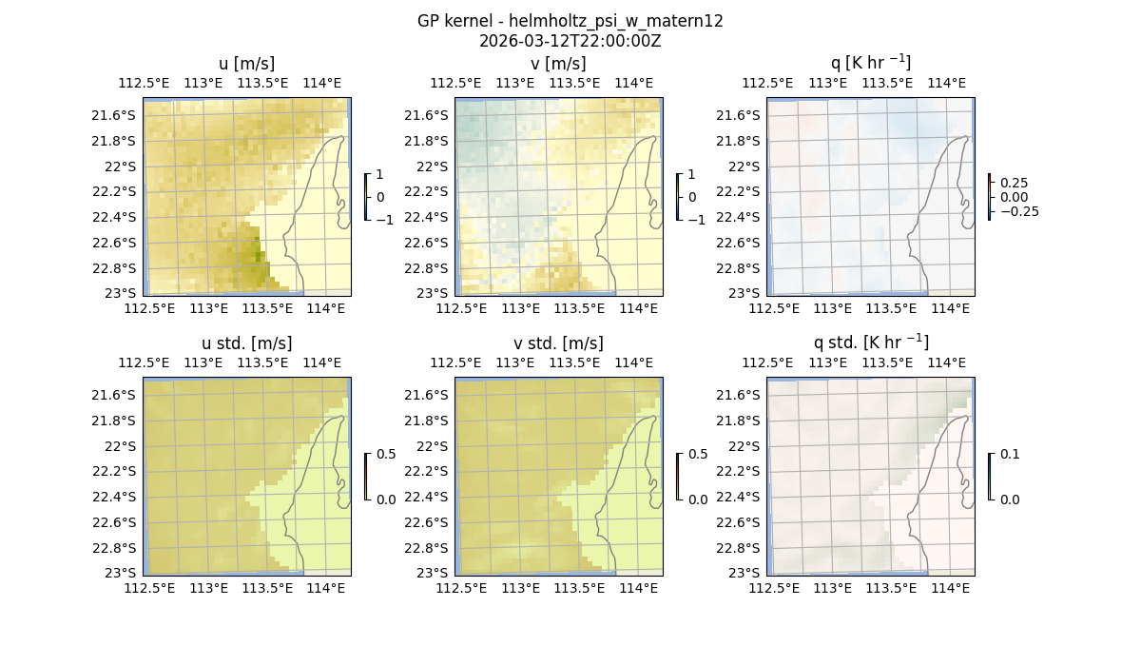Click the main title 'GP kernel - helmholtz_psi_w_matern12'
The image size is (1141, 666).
pos(570,21)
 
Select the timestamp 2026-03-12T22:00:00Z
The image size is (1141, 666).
pos(570,41)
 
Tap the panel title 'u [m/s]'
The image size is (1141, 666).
pos(246,64)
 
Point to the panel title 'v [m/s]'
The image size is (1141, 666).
pos(558,64)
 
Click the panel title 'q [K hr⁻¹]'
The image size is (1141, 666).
pos(870,63)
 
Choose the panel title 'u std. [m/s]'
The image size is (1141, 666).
pos(246,343)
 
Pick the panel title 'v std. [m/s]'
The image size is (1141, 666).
pos(558,343)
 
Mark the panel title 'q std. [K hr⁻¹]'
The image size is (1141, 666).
pos(870,343)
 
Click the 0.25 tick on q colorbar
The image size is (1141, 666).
pos(1014,183)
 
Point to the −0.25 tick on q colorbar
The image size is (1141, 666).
pos(1018,211)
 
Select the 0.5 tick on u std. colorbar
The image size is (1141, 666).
pos(386,455)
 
